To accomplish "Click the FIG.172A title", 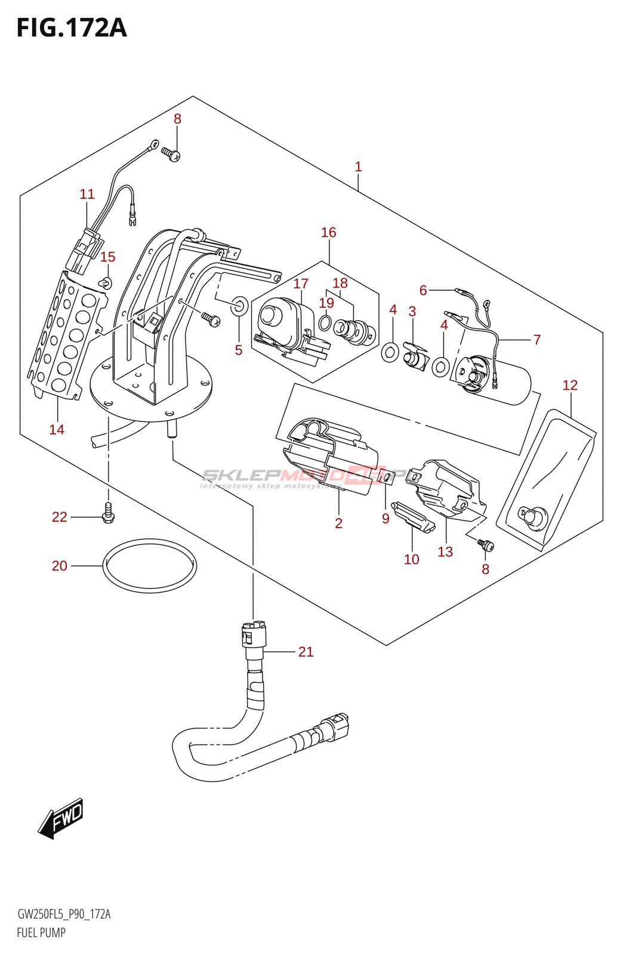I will [72, 28].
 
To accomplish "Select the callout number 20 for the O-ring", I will [59, 566].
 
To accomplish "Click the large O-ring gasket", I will [150, 566].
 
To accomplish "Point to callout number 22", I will [59, 517].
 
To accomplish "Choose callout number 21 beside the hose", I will [306, 652].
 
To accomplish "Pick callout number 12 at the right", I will [570, 386].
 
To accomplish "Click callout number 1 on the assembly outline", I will [358, 167].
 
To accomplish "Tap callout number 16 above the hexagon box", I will [328, 233].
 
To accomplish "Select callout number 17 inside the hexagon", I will [301, 284].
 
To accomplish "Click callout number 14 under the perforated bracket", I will [57, 430].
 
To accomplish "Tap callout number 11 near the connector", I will [87, 195].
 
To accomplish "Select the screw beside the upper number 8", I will [171, 155].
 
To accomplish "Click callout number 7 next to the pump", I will [536, 340].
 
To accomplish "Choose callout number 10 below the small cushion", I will [411, 559].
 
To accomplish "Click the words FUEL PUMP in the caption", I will [41, 932].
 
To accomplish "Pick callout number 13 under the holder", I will [445, 552].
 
